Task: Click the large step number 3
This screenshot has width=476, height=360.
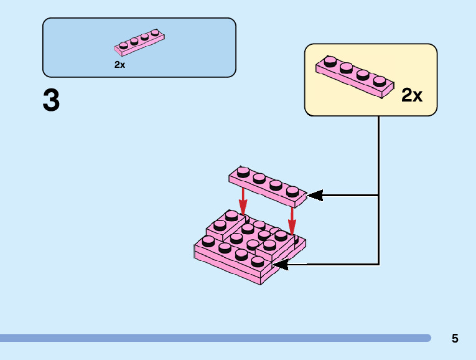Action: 51,101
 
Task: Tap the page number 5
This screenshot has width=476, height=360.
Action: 455,339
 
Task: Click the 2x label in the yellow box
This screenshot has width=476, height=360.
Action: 411,95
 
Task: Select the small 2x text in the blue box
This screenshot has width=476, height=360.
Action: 119,64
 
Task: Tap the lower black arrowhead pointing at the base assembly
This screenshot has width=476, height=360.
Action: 280,265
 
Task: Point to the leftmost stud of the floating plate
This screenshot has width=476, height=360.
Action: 243,171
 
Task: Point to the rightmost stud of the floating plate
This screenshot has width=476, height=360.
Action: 292,189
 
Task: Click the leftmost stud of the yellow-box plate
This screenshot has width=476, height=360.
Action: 330,61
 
